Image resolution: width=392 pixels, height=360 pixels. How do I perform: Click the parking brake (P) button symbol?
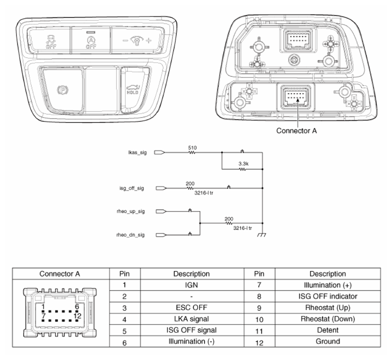click(x=63, y=90)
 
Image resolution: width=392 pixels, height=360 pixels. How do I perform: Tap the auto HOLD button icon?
click(x=132, y=90)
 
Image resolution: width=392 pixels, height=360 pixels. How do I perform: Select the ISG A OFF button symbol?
click(x=91, y=42)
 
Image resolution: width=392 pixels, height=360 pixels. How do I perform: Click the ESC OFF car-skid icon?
click(x=51, y=41)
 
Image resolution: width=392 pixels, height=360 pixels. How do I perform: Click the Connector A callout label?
click(x=296, y=131)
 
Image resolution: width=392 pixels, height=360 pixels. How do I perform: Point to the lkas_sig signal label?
click(x=137, y=152)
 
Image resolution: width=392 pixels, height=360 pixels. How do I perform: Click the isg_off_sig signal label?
click(x=132, y=188)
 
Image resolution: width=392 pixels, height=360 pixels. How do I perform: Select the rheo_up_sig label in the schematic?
click(x=131, y=211)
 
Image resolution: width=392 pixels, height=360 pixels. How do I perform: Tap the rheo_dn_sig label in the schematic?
click(x=130, y=235)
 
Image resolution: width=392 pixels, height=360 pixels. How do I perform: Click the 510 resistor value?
click(x=192, y=148)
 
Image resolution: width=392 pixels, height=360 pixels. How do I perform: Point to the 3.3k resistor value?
click(x=243, y=164)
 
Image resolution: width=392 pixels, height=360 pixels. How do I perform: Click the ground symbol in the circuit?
click(x=262, y=235)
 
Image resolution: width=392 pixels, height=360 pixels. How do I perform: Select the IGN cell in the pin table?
click(x=191, y=285)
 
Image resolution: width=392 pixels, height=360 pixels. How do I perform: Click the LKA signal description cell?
click(x=191, y=319)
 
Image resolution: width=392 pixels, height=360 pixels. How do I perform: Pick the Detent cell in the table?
click(x=328, y=330)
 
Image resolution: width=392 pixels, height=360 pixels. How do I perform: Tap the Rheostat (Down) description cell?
click(x=328, y=319)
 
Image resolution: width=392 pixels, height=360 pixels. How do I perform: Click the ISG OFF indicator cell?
click(x=328, y=296)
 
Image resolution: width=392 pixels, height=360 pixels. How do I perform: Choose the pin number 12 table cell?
click(x=259, y=342)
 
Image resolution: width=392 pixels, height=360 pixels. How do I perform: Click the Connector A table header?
click(x=60, y=274)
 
